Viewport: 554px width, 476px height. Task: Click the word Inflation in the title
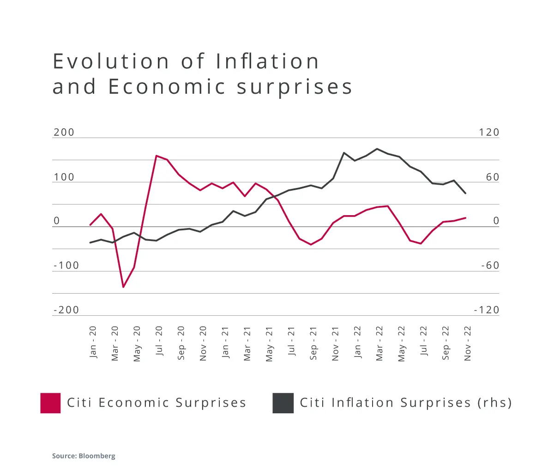click(x=267, y=61)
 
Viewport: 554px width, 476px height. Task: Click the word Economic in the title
click(x=167, y=87)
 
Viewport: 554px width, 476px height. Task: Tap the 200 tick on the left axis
click(x=64, y=133)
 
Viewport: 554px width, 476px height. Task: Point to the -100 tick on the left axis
click(x=66, y=265)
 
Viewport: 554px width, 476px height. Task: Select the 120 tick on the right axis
click(x=489, y=133)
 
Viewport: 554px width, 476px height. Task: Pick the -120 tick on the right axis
click(x=487, y=310)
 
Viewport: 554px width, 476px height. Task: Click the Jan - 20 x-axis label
click(x=93, y=342)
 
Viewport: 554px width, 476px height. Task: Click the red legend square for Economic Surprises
click(x=50, y=403)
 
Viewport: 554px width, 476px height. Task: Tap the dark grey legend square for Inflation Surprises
click(x=283, y=403)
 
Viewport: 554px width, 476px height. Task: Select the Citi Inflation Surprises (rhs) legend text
click(x=406, y=403)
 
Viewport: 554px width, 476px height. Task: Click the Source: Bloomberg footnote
click(x=84, y=456)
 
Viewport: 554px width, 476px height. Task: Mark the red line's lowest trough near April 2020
click(x=123, y=287)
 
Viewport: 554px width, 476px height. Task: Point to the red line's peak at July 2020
click(x=157, y=156)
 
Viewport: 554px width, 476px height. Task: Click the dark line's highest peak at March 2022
click(x=377, y=149)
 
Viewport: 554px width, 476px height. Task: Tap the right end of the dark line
click(x=465, y=193)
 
